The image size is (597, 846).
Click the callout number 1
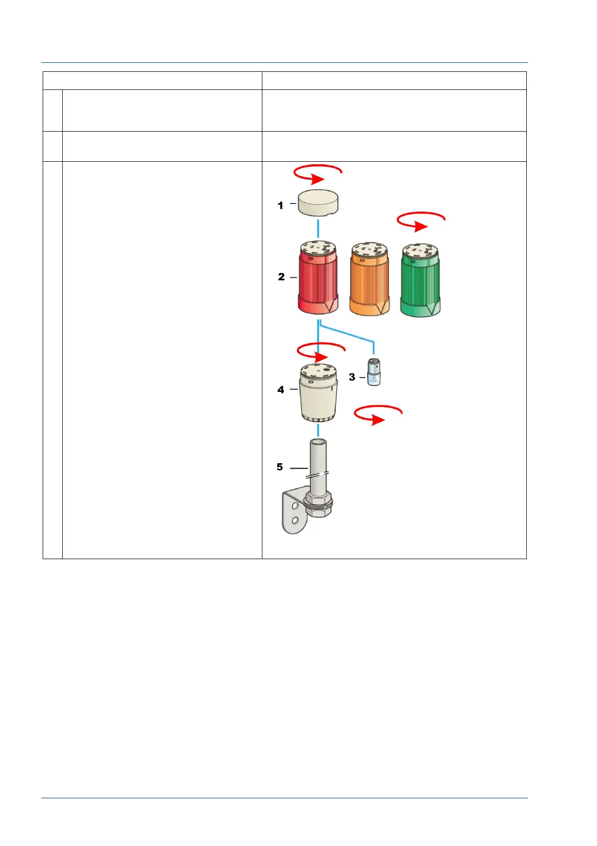pyautogui.click(x=280, y=205)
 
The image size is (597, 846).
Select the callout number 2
pyautogui.click(x=281, y=277)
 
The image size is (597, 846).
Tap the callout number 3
pyautogui.click(x=352, y=377)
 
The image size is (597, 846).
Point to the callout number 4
pyautogui.click(x=281, y=389)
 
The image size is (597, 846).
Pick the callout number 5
pyautogui.click(x=280, y=467)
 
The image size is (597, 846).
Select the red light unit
pyautogui.click(x=318, y=279)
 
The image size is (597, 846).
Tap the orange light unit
pyautogui.click(x=369, y=280)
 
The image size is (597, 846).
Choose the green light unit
pyautogui.click(x=420, y=281)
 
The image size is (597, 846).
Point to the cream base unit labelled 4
pyautogui.click(x=319, y=394)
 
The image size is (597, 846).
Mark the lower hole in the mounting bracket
pyautogui.click(x=295, y=520)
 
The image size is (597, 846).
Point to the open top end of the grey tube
pyautogui.click(x=318, y=443)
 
